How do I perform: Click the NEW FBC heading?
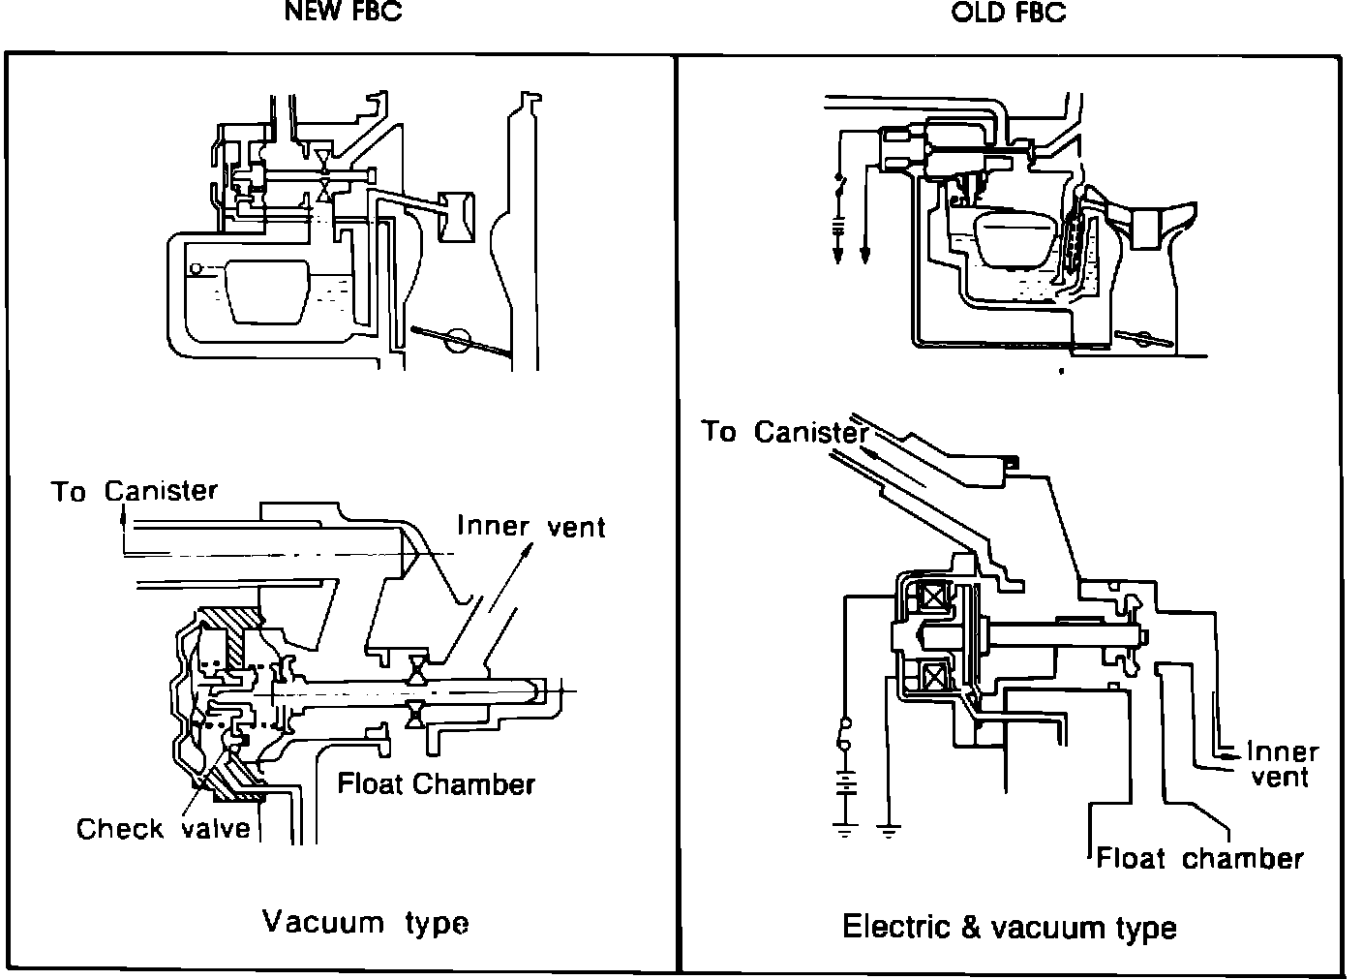coord(344,12)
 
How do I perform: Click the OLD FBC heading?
coord(1009,13)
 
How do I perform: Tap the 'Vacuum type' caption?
coord(365,923)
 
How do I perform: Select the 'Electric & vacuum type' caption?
coord(1010,927)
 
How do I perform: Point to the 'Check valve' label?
coord(163,828)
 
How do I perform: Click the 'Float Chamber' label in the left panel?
coord(437,784)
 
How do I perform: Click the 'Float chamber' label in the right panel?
coord(1199,858)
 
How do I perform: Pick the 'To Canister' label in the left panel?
coord(134,491)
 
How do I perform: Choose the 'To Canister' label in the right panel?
coord(785,432)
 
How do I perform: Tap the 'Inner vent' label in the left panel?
coord(531,526)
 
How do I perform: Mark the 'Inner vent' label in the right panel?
coord(1282,765)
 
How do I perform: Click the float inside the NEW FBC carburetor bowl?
coord(268,291)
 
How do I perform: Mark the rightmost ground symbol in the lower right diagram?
coord(889,830)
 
